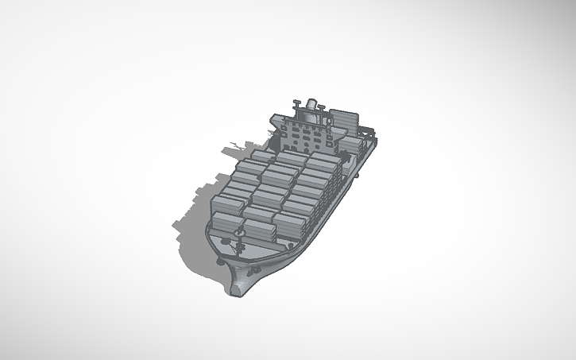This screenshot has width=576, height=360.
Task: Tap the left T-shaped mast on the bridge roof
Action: point(296,104)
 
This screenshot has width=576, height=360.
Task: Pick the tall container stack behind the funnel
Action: point(343,119)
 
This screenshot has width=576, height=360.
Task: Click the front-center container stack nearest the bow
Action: point(260,219)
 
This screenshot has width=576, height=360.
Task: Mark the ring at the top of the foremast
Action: point(239,231)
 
